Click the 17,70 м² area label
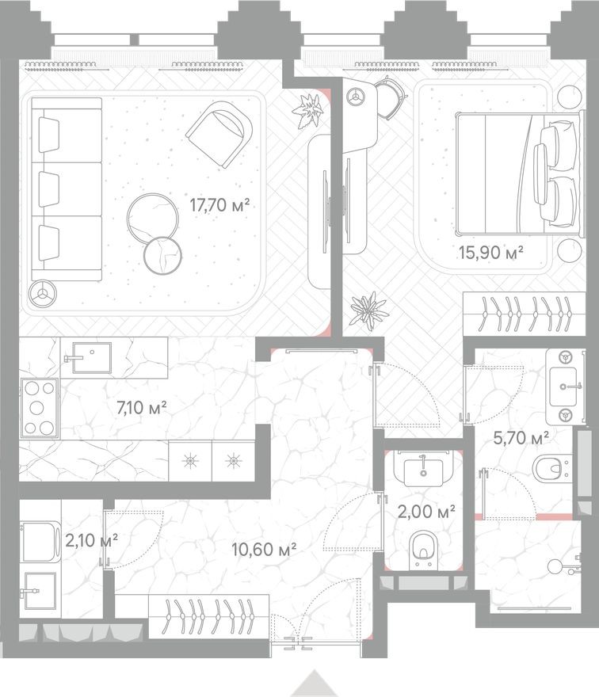(x=219, y=204)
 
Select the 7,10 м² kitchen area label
(x=141, y=409)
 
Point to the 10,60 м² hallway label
(x=263, y=547)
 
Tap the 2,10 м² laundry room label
(x=92, y=541)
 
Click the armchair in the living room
(x=219, y=134)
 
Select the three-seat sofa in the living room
(x=67, y=189)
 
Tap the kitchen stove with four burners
(x=39, y=408)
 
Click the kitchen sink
(x=87, y=357)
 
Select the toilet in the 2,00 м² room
(x=424, y=549)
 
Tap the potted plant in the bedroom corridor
(x=368, y=310)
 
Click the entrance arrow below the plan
(x=314, y=684)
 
